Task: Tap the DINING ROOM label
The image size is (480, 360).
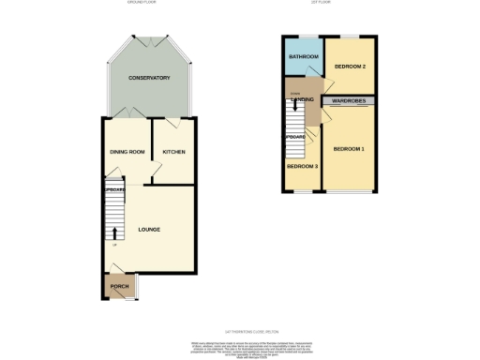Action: [125, 151]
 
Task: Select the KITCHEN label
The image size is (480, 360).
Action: [173, 151]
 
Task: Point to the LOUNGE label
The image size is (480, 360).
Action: [148, 229]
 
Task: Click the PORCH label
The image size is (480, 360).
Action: [120, 287]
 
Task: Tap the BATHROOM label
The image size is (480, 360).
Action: [304, 58]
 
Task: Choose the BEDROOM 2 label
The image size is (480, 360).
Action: [349, 67]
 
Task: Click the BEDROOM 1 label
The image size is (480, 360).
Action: [349, 149]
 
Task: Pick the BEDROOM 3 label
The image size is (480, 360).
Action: [302, 167]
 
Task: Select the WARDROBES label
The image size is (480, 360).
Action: [349, 100]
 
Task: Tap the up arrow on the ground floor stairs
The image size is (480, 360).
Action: [114, 233]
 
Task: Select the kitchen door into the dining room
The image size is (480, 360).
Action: [157, 169]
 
